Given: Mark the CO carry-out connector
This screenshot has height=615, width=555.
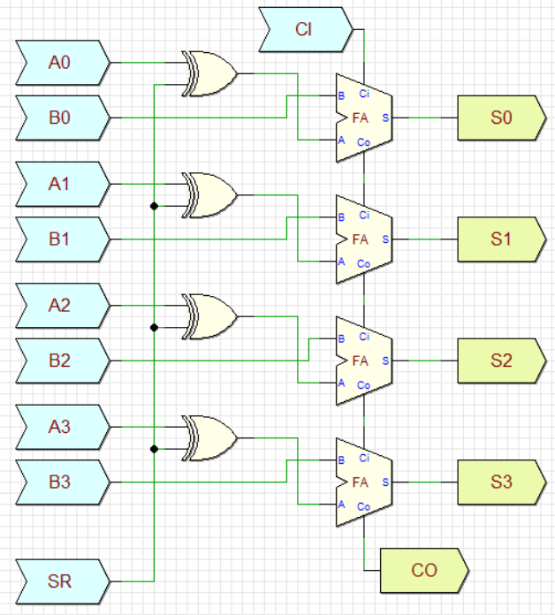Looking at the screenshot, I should [423, 570].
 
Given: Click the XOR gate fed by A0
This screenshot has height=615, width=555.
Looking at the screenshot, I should [209, 73].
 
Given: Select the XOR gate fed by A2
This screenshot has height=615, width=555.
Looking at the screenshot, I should [209, 316].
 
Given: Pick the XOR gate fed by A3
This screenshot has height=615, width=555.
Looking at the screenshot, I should [209, 437].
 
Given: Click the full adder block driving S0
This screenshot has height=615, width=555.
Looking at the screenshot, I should [363, 118].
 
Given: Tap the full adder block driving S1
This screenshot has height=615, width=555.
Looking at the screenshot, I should [363, 239].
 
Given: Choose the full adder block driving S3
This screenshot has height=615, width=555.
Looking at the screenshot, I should [363, 482].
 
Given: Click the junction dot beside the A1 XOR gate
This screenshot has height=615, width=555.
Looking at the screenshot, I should [155, 206].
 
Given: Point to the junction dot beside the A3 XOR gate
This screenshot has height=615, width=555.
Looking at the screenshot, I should [155, 449].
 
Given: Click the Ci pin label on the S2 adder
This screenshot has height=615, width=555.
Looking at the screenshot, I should [364, 337].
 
